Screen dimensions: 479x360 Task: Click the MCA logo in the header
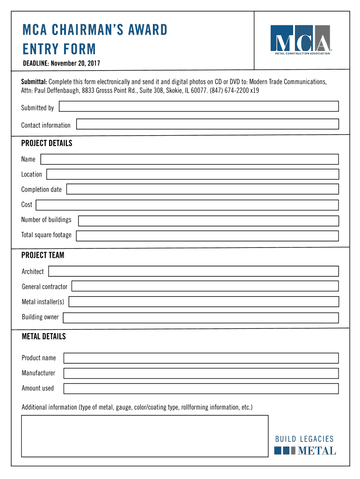click(x=301, y=40)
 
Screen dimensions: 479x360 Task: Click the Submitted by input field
click(x=199, y=107)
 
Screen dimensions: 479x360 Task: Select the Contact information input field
click(x=207, y=124)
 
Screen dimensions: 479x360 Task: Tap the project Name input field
click(x=189, y=159)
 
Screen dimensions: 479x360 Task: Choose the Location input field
click(x=192, y=174)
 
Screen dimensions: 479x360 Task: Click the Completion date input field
click(x=202, y=189)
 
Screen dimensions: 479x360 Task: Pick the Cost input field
click(x=187, y=205)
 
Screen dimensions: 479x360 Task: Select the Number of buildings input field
click(x=208, y=221)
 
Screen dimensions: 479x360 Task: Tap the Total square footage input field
click(x=207, y=235)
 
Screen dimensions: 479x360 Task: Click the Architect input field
click(x=193, y=271)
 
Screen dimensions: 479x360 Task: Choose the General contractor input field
click(x=205, y=286)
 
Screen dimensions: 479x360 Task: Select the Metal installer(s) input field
click(x=203, y=302)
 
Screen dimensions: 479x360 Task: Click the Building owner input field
click(x=201, y=318)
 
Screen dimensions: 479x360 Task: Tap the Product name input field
click(x=201, y=358)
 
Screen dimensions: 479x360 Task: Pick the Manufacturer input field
click(x=201, y=373)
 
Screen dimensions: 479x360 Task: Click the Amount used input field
click(x=201, y=388)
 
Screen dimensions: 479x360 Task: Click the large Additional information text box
click(x=144, y=436)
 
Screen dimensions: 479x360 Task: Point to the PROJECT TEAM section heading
click(x=43, y=255)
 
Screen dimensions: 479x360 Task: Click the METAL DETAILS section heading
click(x=44, y=337)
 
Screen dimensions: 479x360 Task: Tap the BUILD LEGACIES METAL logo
click(x=304, y=445)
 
